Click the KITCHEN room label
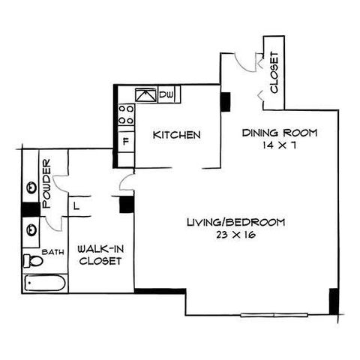click(176, 135)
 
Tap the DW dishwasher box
click(166, 94)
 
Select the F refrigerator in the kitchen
click(126, 142)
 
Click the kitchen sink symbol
click(146, 95)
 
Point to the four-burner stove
click(126, 115)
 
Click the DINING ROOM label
click(280, 133)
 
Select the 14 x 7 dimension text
click(280, 145)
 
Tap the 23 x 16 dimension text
click(235, 235)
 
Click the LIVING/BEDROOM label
click(236, 222)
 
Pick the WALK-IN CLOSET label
click(100, 255)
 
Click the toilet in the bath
click(33, 261)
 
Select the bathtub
click(45, 283)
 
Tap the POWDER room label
click(47, 184)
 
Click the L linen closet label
click(76, 206)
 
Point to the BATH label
click(52, 252)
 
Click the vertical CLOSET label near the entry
click(274, 73)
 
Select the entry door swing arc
click(243, 65)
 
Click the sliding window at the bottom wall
click(274, 315)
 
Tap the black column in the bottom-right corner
click(334, 301)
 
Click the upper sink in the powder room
click(32, 187)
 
